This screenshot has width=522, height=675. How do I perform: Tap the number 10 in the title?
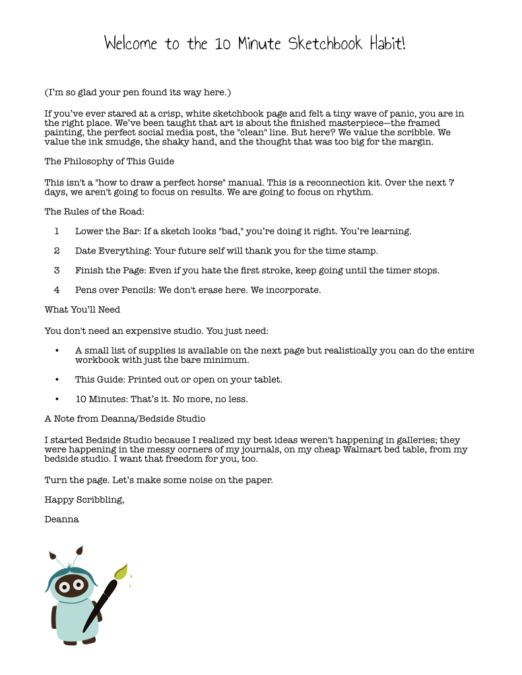[220, 44]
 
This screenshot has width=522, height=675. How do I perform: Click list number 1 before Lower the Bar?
[57, 232]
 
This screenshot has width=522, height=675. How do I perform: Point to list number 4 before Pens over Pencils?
[57, 290]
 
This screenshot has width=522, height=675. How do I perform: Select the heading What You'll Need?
[82, 309]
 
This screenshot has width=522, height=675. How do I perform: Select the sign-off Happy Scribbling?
[84, 499]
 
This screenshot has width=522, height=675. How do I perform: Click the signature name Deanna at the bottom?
[61, 519]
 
